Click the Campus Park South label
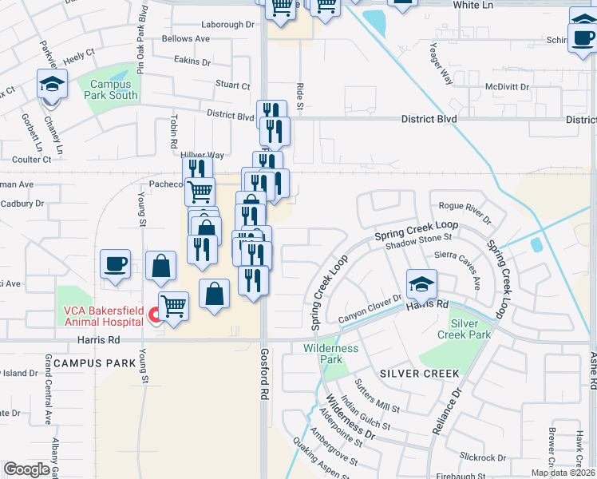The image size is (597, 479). point(113,89)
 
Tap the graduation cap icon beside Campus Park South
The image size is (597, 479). point(51,85)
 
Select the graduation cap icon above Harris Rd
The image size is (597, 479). point(421,283)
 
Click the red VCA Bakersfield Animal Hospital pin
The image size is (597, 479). point(156,318)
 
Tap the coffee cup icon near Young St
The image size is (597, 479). point(116,264)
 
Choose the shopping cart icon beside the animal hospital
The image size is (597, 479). point(173,306)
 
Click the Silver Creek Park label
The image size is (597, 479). point(470,329)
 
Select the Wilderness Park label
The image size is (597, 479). point(331,354)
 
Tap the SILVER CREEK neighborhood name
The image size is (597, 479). point(420,374)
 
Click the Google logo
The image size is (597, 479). point(26,469)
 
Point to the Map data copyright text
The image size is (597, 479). point(563,473)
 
